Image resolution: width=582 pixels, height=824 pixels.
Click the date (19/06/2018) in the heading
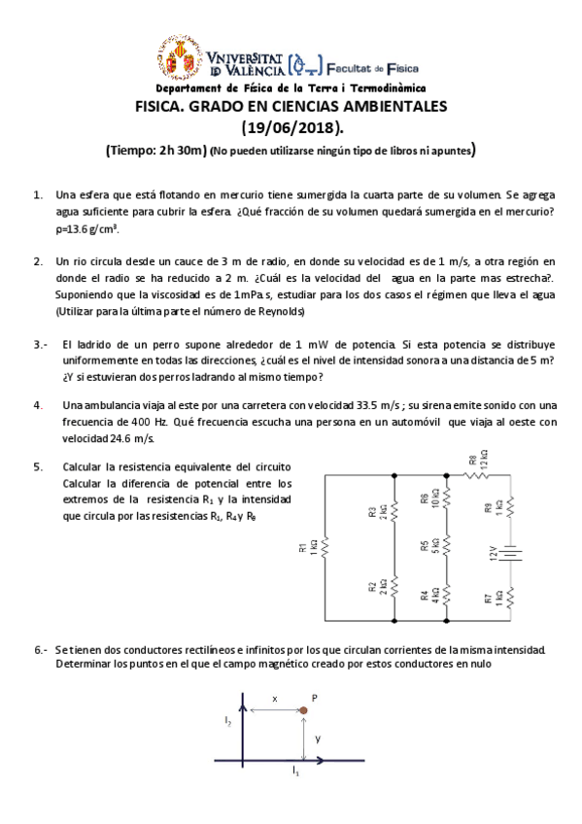point(291,127)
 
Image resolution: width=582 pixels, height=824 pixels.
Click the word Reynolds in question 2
point(277,311)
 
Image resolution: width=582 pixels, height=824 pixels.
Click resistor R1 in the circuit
point(325,548)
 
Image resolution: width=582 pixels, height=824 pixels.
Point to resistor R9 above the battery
point(512,505)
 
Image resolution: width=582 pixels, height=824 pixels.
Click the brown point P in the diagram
point(303,711)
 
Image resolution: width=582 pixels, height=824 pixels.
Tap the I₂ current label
point(227,721)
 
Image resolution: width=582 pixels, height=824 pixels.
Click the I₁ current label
point(295,772)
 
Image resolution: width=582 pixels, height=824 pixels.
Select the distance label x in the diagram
point(275,698)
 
